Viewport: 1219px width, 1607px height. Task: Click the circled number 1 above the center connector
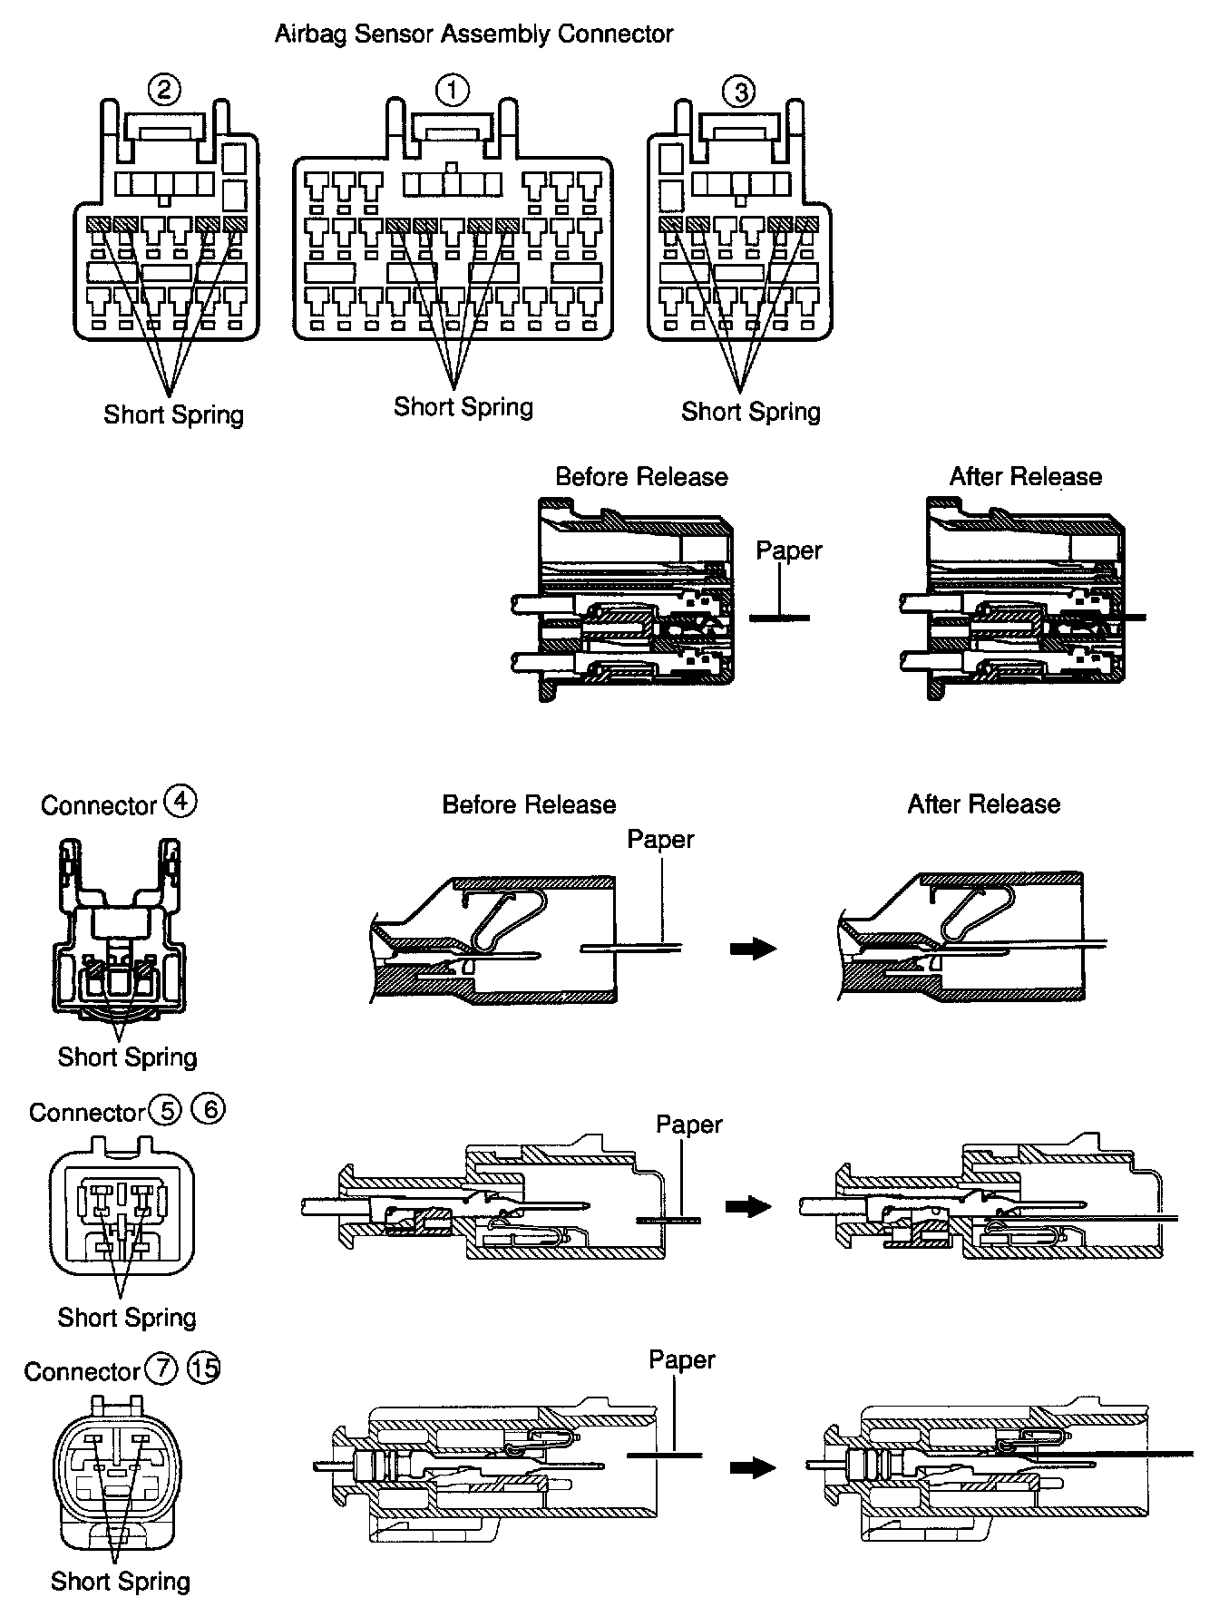pyautogui.click(x=452, y=90)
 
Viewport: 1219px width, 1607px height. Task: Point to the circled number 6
pyautogui.click(x=209, y=1109)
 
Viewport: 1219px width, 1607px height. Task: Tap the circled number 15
pyautogui.click(x=203, y=1368)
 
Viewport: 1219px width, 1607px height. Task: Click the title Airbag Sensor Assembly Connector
pyautogui.click(x=473, y=34)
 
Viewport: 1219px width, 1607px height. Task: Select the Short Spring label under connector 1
pyautogui.click(x=463, y=406)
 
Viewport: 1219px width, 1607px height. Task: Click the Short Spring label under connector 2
pyautogui.click(x=173, y=414)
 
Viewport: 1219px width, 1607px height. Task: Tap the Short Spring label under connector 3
pyautogui.click(x=750, y=412)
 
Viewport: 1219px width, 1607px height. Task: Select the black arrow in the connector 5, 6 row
pyautogui.click(x=749, y=1206)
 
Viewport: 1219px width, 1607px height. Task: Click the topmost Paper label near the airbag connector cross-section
pyautogui.click(x=789, y=550)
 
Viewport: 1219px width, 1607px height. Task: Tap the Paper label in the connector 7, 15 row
pyautogui.click(x=682, y=1360)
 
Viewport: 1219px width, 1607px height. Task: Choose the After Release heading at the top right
pyautogui.click(x=1025, y=477)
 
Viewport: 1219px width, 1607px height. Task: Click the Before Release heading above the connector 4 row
pyautogui.click(x=529, y=804)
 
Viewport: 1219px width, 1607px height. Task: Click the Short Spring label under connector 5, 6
pyautogui.click(x=127, y=1317)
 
